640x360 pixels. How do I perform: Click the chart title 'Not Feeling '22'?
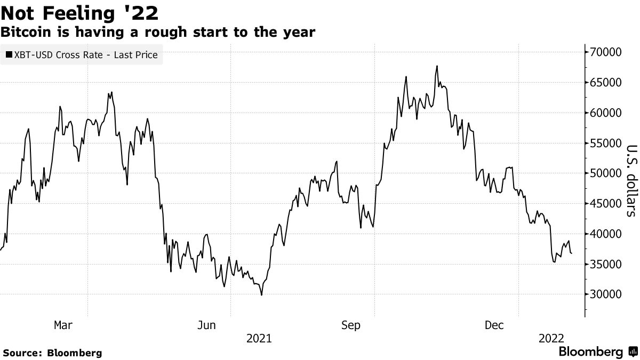[x=79, y=11]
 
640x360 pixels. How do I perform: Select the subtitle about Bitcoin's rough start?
[x=158, y=33]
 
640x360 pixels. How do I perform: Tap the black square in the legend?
[x=9, y=54]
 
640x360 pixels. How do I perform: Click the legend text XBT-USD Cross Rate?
[x=86, y=54]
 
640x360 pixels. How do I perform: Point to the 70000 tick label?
[x=606, y=52]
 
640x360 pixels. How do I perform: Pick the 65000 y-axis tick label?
[x=606, y=83]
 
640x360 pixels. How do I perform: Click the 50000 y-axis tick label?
[x=606, y=173]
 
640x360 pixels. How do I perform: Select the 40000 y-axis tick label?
[x=606, y=234]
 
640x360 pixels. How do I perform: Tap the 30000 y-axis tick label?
[x=606, y=294]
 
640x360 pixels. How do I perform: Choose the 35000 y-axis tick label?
[x=606, y=265]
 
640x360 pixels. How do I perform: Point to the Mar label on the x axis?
[x=63, y=325]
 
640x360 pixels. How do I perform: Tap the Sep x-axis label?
[x=351, y=325]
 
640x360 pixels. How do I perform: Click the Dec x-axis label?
[x=494, y=325]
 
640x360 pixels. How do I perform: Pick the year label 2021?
[x=259, y=338]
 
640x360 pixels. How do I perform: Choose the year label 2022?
[x=551, y=338]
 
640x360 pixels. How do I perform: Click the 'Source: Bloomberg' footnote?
[x=52, y=353]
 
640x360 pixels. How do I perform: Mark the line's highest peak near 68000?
[x=437, y=66]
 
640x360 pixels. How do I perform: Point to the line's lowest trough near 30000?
[x=261, y=294]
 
